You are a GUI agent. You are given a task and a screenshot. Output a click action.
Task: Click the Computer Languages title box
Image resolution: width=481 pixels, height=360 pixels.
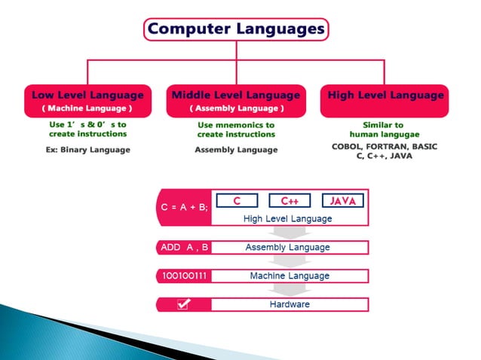236,30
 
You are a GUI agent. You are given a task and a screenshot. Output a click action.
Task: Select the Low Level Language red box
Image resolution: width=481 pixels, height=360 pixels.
87,101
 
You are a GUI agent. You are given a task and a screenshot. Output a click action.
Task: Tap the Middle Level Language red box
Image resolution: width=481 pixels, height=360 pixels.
236,101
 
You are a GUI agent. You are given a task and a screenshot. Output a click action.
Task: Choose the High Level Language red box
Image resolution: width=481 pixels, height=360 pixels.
385,101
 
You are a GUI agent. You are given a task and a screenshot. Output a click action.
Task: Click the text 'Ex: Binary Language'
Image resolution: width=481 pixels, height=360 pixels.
87,150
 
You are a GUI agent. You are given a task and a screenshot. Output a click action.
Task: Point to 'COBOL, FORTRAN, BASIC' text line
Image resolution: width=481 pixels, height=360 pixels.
384,147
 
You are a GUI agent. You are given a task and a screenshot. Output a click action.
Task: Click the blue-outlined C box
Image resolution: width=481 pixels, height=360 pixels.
236,201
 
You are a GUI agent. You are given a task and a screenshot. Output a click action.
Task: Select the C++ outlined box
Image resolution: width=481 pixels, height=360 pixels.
290,201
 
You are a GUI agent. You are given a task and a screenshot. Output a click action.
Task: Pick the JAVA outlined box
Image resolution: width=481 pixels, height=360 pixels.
343,201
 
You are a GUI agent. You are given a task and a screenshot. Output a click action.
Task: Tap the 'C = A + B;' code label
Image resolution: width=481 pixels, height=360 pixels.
184,208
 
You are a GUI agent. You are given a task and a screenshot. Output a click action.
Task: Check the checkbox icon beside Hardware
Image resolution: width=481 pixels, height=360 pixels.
183,304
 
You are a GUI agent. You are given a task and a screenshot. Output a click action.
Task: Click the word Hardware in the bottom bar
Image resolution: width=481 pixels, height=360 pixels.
290,304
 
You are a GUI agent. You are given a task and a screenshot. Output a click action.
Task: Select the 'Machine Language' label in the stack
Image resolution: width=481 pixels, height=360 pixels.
290,276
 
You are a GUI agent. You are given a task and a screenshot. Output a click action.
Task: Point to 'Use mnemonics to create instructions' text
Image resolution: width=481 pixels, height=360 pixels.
236,130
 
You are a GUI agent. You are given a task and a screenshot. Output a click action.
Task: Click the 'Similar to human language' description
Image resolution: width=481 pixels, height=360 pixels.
383,130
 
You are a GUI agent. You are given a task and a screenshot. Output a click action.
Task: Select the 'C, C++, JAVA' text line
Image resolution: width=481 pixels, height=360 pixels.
384,156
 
